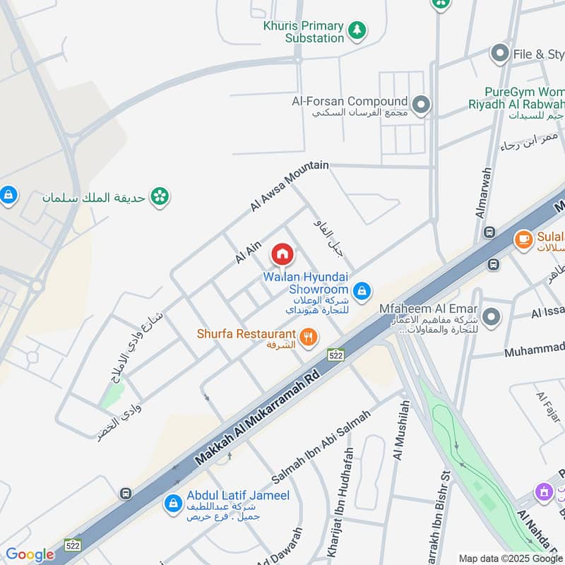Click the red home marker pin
click(282, 254)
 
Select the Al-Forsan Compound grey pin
click(422, 105)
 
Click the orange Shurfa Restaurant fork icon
click(308, 338)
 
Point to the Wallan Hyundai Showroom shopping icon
click(362, 290)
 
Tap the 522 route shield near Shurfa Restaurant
click(335, 355)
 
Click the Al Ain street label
click(249, 251)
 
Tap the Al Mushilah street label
click(401, 429)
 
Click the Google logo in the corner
click(29, 554)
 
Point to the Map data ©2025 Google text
click(510, 557)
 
